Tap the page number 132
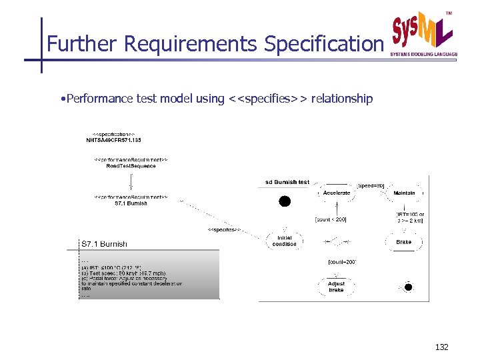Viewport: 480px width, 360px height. [441, 347]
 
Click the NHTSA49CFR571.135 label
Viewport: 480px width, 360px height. [113, 140]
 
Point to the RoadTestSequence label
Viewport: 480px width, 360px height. [131, 166]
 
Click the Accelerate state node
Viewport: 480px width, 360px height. [337, 193]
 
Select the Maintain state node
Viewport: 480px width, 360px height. [404, 193]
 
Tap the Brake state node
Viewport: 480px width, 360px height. [403, 242]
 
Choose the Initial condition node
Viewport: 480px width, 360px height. [285, 241]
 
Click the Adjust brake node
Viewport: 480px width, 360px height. [337, 287]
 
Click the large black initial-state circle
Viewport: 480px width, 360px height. [285, 201]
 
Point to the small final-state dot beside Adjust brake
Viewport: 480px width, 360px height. [408, 287]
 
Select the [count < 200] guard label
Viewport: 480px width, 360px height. [330, 219]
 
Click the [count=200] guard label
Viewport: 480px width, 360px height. [342, 262]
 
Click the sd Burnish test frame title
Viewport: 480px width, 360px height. [287, 181]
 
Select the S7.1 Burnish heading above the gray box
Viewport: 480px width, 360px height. [104, 244]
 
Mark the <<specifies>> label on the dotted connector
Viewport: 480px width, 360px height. [224, 230]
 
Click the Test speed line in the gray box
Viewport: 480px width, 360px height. [123, 273]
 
